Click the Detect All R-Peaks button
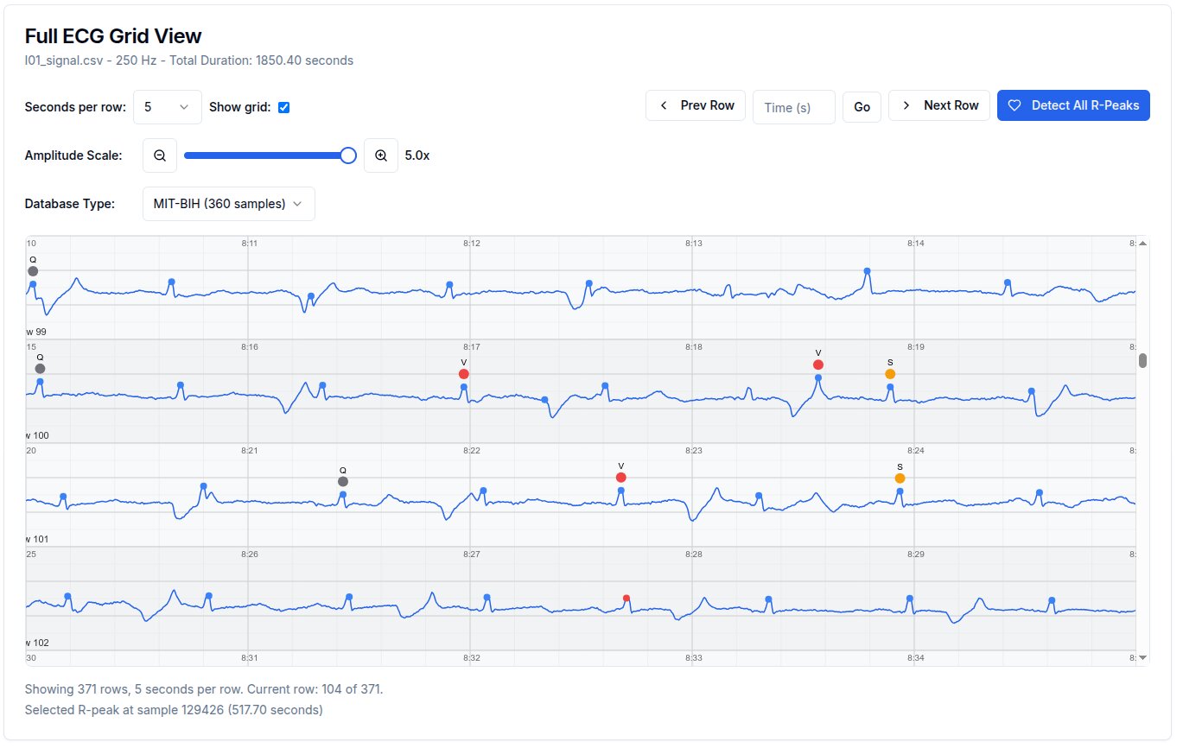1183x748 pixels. (1073, 105)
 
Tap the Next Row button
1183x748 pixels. (938, 105)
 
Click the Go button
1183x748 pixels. (862, 107)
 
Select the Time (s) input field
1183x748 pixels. (793, 107)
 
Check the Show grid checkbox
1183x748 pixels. (284, 107)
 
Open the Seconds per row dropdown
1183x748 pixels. (168, 107)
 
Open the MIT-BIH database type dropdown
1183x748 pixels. (228, 204)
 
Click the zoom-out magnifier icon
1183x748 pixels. (160, 155)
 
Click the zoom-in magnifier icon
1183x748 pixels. (381, 155)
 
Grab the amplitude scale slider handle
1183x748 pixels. (348, 155)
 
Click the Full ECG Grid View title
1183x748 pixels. (113, 36)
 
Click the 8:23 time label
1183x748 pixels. (694, 451)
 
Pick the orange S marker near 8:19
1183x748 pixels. (890, 374)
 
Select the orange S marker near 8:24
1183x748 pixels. (900, 479)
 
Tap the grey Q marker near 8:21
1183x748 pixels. (343, 481)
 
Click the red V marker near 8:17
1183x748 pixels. (464, 374)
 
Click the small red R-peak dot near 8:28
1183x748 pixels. (626, 598)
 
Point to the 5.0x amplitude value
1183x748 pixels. (417, 155)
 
